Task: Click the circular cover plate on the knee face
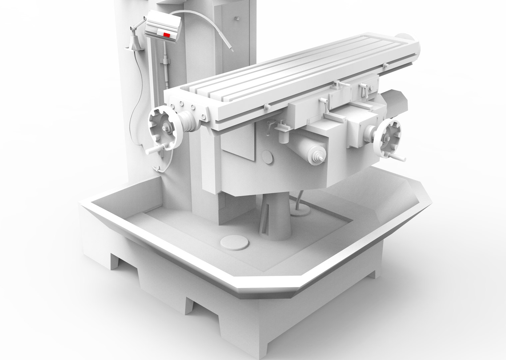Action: [267, 157]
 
